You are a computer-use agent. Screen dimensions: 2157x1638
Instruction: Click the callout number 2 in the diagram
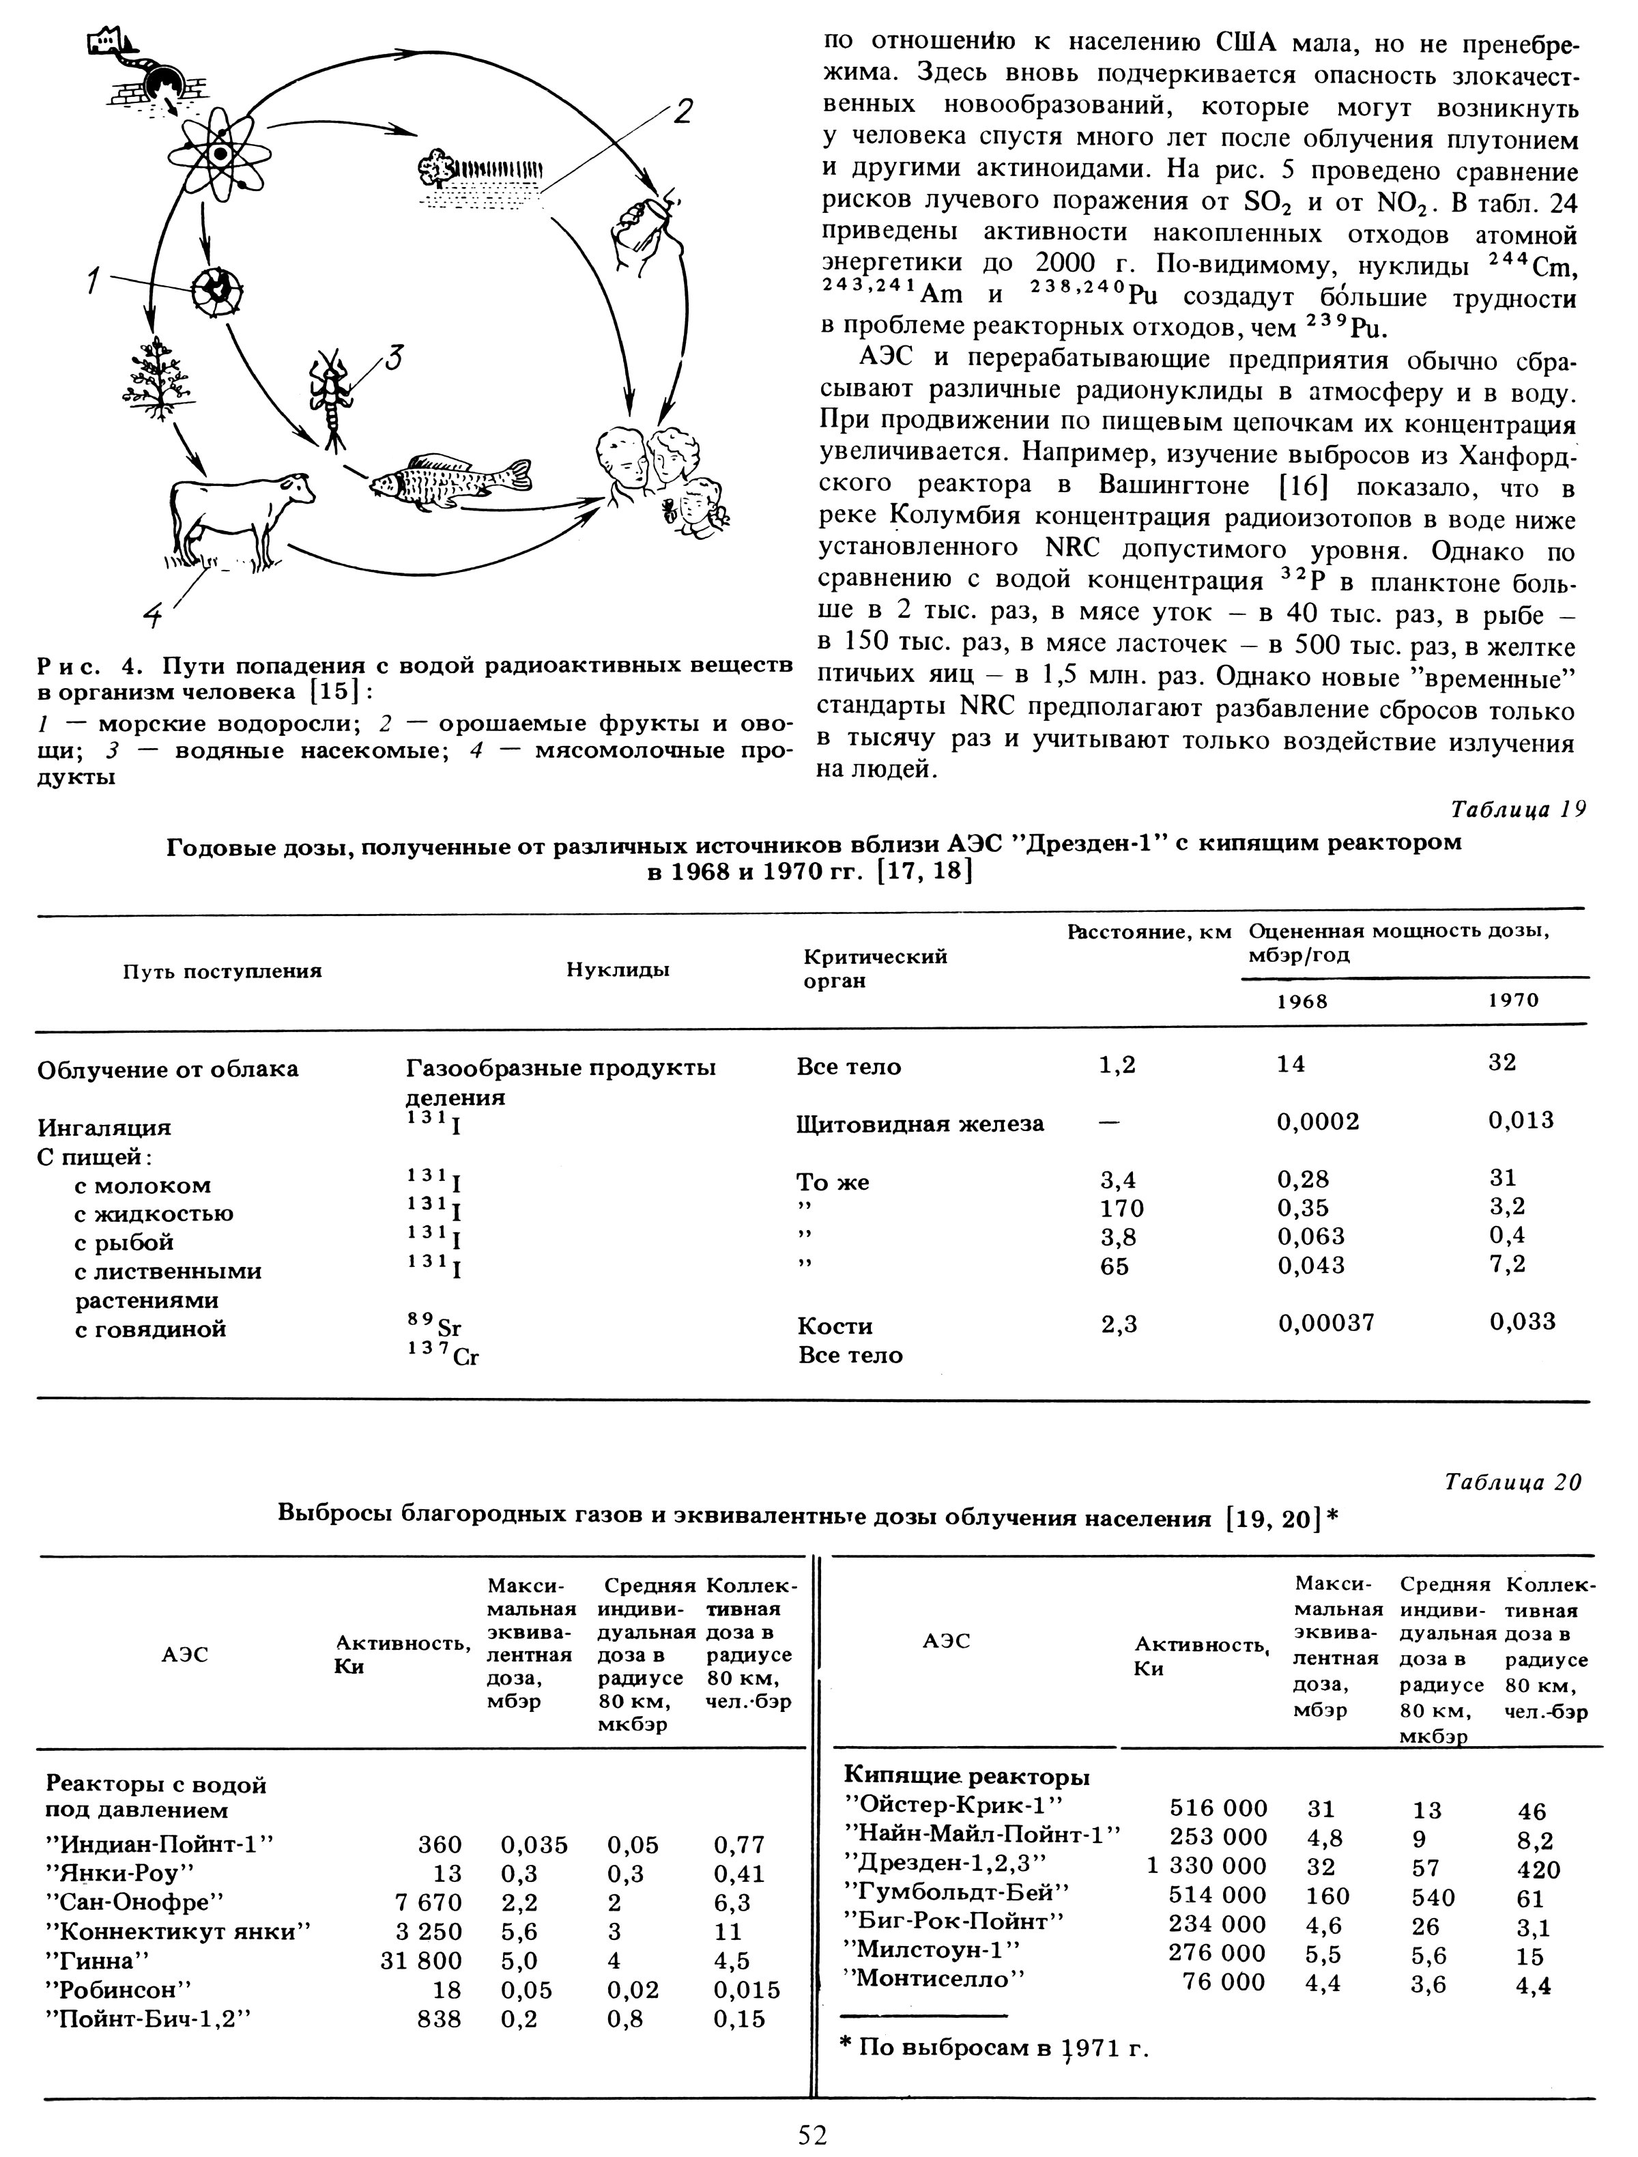pos(682,112)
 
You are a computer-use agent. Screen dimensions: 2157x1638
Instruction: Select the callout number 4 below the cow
pos(154,614)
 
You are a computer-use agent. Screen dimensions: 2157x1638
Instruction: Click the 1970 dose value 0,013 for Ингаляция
pos(1521,1120)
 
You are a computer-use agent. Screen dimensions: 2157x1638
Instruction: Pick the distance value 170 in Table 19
pos(1121,1209)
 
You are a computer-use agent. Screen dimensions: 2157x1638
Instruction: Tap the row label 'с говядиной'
pos(150,1329)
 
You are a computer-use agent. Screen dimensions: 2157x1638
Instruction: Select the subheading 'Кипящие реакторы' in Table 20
pos(965,1775)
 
